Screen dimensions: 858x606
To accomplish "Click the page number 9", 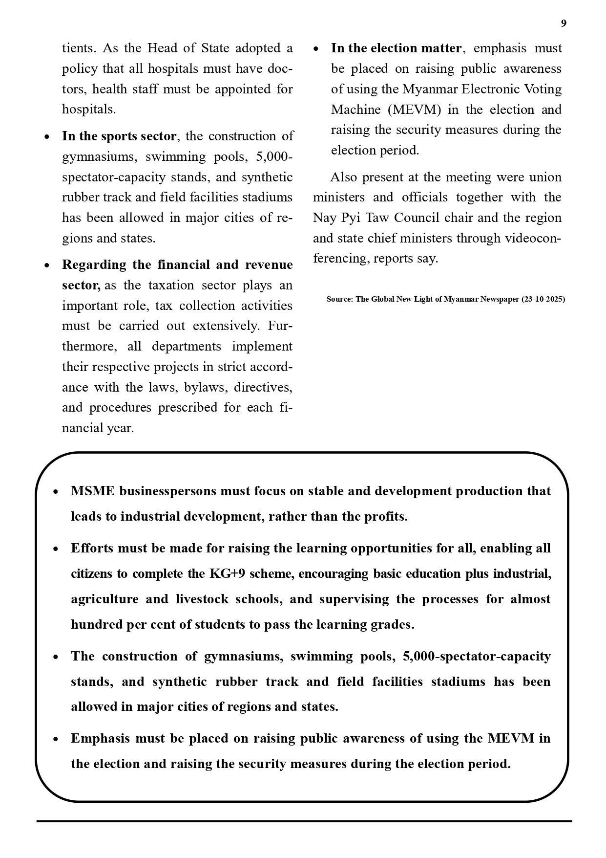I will (564, 23).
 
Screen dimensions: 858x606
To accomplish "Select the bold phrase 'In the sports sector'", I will (119, 136).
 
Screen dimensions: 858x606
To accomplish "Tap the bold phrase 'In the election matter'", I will (396, 48).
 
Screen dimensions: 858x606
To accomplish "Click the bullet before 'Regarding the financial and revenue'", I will (47, 266).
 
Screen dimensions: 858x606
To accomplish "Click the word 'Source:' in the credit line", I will (340, 299).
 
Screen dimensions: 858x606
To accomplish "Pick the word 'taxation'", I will (167, 286).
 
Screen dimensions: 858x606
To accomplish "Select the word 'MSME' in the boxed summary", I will (92, 491).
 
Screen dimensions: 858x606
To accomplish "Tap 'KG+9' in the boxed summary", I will (227, 574).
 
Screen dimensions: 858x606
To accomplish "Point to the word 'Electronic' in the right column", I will (495, 89).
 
